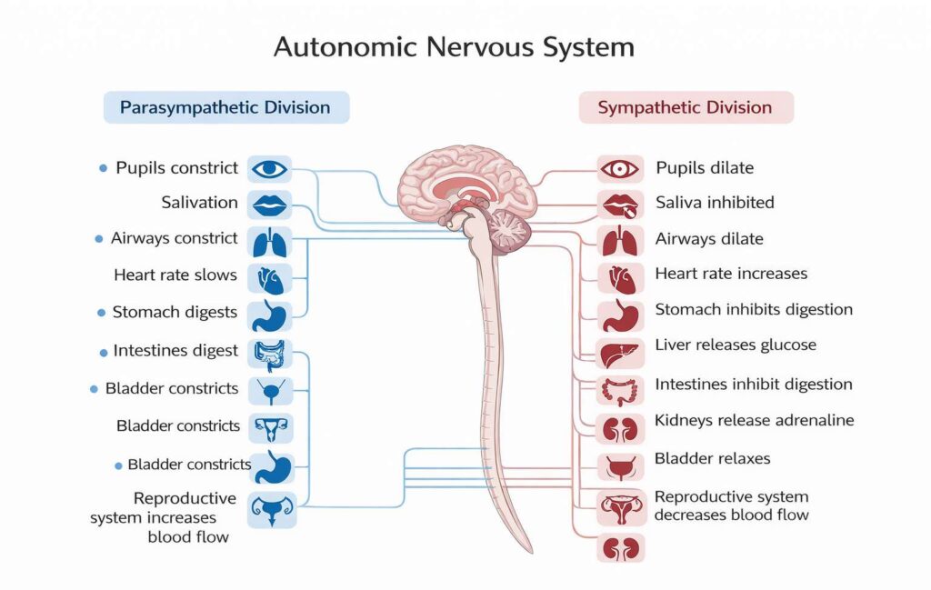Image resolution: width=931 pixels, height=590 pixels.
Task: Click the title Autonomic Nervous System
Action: pos(454,47)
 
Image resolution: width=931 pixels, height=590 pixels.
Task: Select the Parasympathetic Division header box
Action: pos(225,107)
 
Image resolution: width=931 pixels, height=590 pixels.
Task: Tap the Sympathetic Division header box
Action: pos(686,107)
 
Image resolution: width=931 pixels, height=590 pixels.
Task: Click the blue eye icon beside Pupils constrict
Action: pos(269,168)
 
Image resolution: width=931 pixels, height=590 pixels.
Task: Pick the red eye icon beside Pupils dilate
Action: pos(621,168)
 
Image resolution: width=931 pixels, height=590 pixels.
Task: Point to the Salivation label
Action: pos(200,203)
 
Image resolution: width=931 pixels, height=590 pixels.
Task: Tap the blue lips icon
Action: pos(269,204)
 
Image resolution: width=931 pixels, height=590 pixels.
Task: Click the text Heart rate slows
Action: pos(175,275)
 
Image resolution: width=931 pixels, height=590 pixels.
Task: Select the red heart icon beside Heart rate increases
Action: pos(621,275)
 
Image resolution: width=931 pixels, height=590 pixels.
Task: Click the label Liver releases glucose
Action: pos(736,345)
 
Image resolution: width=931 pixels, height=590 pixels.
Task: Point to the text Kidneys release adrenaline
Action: pos(755,421)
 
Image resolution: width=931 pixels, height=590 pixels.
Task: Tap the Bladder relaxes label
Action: pos(712,458)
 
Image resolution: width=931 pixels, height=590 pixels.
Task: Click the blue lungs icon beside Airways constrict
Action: pos(269,241)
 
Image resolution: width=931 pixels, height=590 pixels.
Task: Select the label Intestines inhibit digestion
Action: pos(754,385)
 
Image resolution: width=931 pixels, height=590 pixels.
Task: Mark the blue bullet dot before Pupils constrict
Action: pos(103,168)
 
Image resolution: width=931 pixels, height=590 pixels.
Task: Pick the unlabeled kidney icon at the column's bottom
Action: pos(621,548)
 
